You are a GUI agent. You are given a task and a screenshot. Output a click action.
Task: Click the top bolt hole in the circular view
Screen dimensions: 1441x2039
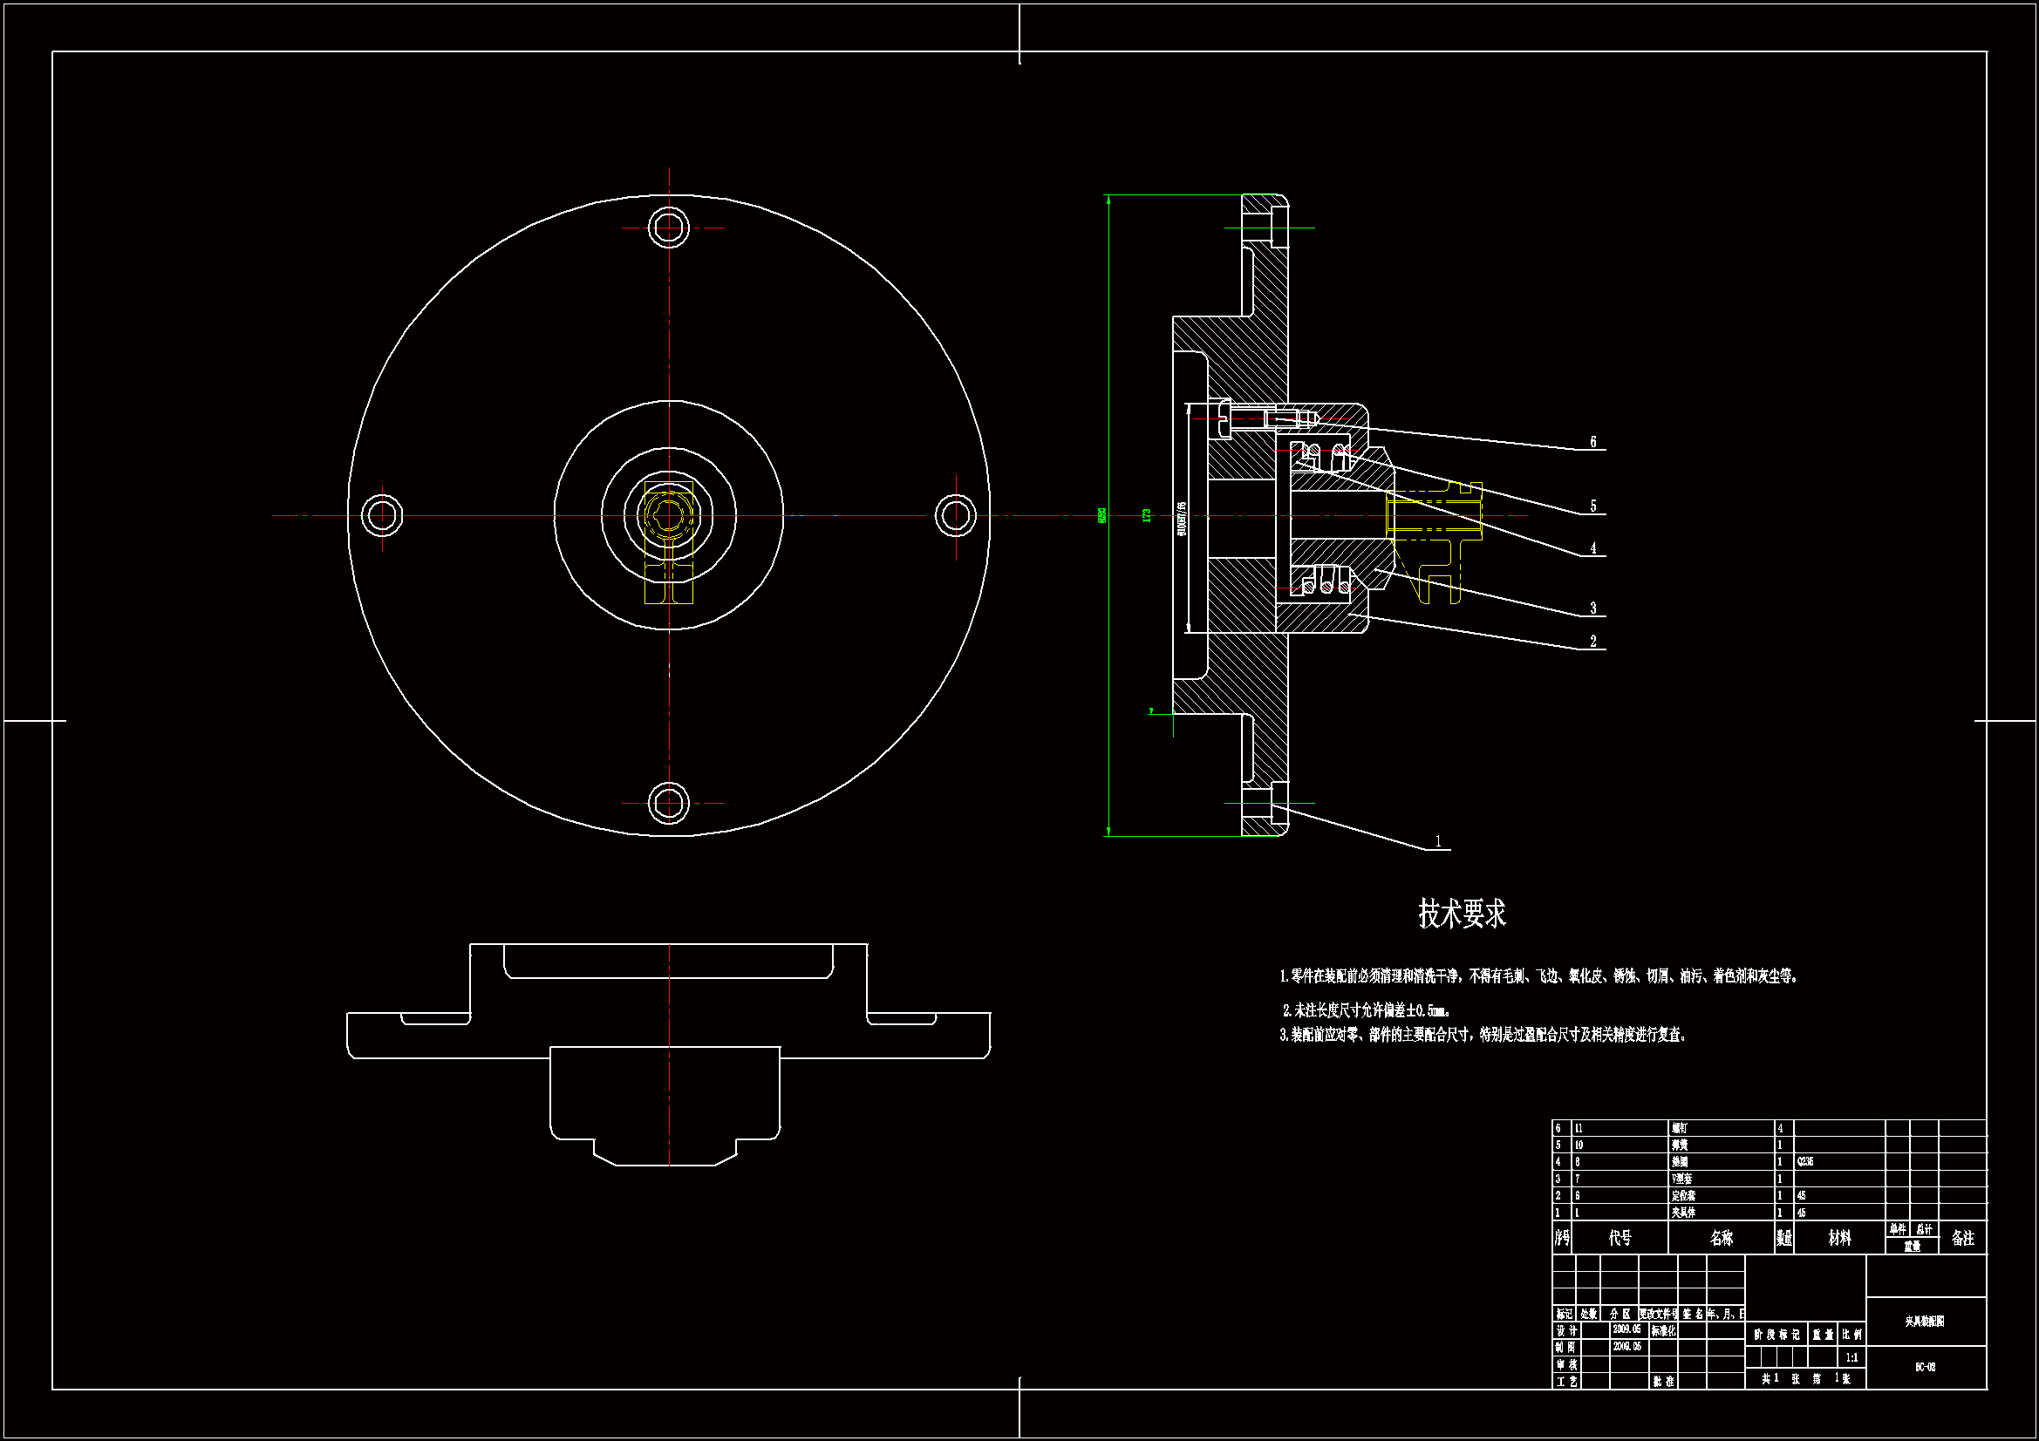669,228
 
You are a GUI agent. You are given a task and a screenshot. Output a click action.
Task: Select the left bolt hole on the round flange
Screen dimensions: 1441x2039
383,515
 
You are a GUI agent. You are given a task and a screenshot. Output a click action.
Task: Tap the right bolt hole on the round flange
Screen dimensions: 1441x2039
956,515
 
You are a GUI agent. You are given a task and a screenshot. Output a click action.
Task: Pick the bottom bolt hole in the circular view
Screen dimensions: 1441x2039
669,803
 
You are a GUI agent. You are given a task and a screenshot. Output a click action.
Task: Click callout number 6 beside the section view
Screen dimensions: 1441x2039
1592,442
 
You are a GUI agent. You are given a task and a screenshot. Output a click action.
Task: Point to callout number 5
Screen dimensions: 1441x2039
1592,506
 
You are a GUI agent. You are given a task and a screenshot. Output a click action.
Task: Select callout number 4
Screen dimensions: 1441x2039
1592,548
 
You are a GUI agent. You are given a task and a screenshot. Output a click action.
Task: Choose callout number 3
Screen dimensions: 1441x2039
1592,608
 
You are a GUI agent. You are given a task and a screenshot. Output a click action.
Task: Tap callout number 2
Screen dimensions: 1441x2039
1592,641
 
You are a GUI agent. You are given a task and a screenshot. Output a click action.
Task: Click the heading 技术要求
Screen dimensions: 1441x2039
1462,914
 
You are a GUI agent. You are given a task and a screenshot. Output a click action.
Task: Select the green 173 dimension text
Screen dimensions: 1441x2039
1147,515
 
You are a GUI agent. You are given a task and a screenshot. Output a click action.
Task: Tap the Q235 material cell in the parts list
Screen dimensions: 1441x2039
1804,1161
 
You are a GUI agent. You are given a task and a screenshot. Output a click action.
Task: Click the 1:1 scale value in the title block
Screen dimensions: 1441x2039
1851,1357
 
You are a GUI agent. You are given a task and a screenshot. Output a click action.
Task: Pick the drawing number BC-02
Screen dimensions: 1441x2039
1925,1367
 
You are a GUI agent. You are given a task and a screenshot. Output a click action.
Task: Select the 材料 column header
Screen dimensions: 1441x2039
1839,1238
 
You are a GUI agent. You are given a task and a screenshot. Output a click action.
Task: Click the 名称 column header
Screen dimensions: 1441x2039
1721,1238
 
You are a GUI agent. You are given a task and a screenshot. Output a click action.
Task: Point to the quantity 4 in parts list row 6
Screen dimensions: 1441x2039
1780,1128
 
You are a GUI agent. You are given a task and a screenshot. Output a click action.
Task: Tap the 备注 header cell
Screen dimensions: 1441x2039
1962,1238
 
